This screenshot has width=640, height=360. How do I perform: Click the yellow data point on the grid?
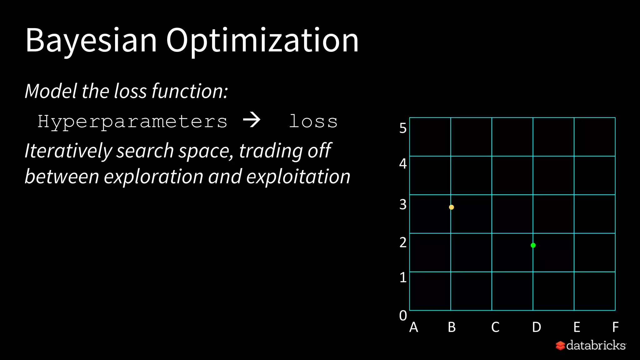[x=451, y=207]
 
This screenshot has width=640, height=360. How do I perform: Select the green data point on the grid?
[x=533, y=245]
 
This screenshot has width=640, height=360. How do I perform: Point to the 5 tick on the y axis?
[x=403, y=128]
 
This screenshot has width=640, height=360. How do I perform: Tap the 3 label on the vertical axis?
[x=403, y=205]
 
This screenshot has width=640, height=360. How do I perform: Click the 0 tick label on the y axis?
[x=403, y=316]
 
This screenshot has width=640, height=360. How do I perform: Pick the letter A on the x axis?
[x=413, y=327]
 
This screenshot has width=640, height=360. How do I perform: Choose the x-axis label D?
[x=536, y=327]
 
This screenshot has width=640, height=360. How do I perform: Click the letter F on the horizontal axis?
[x=615, y=327]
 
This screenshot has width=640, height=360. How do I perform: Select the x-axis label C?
[x=495, y=327]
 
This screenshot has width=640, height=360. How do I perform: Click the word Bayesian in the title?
[x=91, y=41]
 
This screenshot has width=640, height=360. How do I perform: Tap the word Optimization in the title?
[x=262, y=41]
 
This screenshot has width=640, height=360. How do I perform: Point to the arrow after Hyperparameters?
[x=252, y=120]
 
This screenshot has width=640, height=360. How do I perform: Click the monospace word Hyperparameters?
[x=132, y=122]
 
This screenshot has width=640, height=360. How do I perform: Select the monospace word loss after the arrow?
[x=313, y=121]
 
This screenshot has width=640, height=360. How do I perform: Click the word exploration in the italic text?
[x=153, y=177]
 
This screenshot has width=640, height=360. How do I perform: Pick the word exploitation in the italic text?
[x=298, y=177]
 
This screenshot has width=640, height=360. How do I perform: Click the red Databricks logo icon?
[x=560, y=346]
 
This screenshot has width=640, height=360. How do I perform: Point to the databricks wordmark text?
[x=596, y=345]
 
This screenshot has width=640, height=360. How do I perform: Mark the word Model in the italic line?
[x=51, y=91]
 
